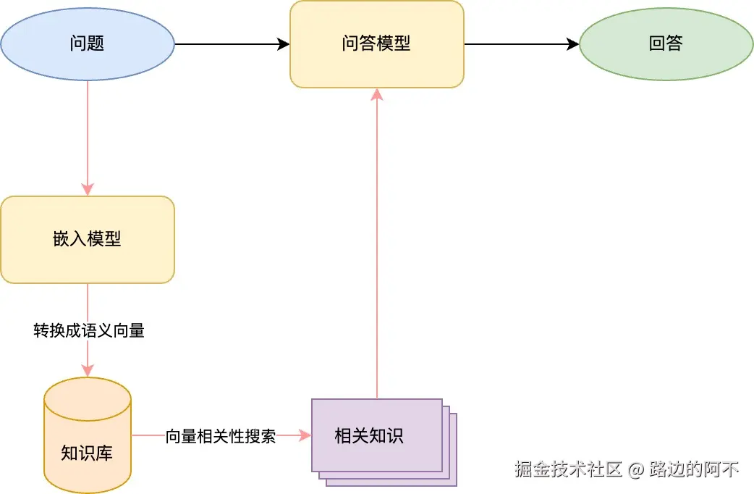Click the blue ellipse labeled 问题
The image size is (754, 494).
[x=88, y=43]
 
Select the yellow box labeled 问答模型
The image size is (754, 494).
[x=376, y=43]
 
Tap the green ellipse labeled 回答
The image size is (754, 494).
[x=666, y=43]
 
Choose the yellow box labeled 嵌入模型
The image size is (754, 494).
[x=88, y=239]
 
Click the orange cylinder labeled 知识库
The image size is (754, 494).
[x=88, y=435]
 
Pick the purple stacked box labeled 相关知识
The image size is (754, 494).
[x=376, y=435]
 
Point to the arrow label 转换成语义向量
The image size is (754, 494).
[x=88, y=331]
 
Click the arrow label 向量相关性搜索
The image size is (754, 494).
[x=221, y=436]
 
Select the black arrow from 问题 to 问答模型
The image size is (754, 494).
[x=232, y=44]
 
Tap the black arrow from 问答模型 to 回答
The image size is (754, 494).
[x=521, y=44]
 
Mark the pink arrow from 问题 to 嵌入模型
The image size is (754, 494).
[x=88, y=138]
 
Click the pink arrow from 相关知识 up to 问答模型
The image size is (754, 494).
[x=376, y=246]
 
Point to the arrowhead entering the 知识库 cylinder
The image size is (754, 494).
[x=88, y=371]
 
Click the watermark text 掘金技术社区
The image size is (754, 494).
[x=568, y=469]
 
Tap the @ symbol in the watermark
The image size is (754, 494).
[x=635, y=469]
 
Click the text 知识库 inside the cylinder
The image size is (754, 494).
[x=87, y=454]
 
